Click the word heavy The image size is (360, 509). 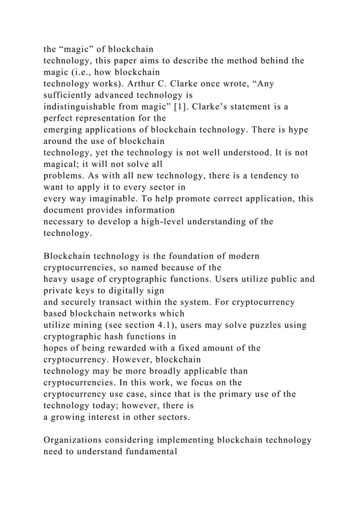coord(56,278)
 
